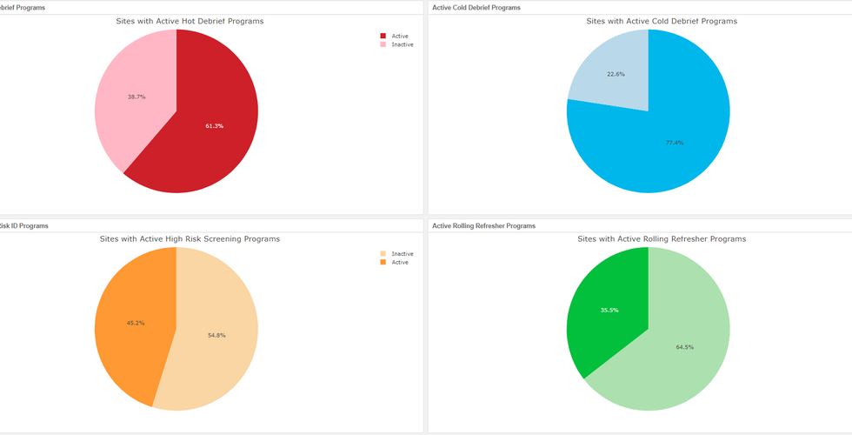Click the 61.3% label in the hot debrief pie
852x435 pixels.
coord(215,126)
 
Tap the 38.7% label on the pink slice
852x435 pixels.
coord(136,97)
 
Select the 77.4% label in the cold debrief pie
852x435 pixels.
coord(675,143)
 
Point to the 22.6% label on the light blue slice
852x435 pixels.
coord(616,74)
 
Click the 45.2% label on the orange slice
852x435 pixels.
coord(136,323)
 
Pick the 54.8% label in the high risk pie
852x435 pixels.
coord(216,335)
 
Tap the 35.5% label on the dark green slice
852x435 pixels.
coord(609,310)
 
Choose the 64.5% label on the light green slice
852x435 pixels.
coord(685,347)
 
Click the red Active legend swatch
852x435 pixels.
coord(383,37)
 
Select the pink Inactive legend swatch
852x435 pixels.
coord(383,44)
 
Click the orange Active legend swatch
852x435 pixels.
coord(383,262)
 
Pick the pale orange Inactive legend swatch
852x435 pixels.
coord(383,254)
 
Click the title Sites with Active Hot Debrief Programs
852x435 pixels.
coord(190,21)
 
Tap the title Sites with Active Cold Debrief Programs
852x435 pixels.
coord(662,21)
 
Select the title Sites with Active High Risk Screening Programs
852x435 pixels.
coord(190,238)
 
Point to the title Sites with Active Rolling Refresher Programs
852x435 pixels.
coord(662,238)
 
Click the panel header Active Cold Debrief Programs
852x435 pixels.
coord(476,8)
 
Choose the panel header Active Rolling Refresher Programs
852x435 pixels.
coord(483,225)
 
